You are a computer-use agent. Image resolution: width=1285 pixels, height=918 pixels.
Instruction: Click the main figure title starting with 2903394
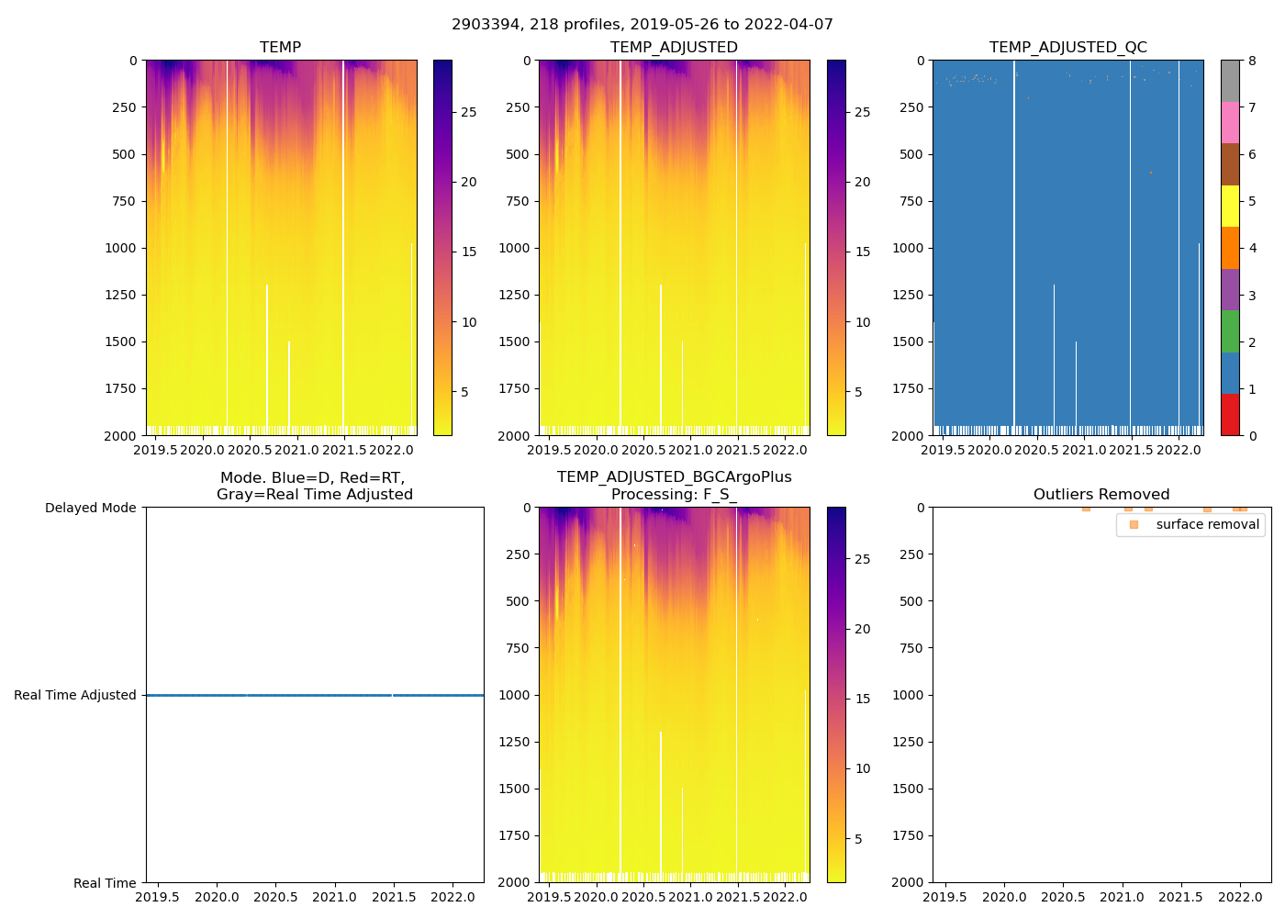click(x=642, y=25)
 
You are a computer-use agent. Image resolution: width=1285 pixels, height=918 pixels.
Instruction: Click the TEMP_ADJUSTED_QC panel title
click(x=1067, y=47)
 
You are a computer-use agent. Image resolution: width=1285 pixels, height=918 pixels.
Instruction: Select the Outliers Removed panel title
click(x=1101, y=494)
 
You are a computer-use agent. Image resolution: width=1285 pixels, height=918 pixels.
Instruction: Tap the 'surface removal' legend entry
click(x=1207, y=524)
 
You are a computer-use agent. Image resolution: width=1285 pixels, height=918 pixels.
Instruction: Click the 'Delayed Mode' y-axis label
click(x=90, y=508)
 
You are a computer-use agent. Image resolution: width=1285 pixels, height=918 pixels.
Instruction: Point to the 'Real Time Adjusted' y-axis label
click(x=75, y=695)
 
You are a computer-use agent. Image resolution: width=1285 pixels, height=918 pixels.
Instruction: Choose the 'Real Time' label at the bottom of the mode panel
click(x=105, y=883)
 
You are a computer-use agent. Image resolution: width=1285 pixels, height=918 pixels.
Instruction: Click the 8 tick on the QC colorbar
click(x=1252, y=61)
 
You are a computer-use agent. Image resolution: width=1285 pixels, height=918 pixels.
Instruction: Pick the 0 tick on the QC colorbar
click(x=1252, y=435)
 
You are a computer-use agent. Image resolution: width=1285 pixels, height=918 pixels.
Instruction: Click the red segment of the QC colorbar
click(x=1230, y=414)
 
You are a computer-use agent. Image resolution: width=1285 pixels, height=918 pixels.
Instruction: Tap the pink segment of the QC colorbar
click(x=1230, y=123)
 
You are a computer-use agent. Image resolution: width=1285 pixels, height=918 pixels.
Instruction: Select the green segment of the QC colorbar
click(x=1230, y=331)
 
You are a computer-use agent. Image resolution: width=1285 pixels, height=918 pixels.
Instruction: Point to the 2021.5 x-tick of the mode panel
click(x=394, y=897)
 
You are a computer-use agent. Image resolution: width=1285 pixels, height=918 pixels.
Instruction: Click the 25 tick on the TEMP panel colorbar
click(x=468, y=112)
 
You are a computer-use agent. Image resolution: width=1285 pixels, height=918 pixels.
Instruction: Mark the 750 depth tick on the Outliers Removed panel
click(x=909, y=648)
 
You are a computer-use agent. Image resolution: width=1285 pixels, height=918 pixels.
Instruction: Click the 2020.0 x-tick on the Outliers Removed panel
click(x=1005, y=897)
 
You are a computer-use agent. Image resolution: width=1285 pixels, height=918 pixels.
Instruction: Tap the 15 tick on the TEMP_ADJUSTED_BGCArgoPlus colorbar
click(x=863, y=699)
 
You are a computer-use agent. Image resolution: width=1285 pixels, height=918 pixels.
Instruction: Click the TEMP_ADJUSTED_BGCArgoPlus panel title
click(x=674, y=486)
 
